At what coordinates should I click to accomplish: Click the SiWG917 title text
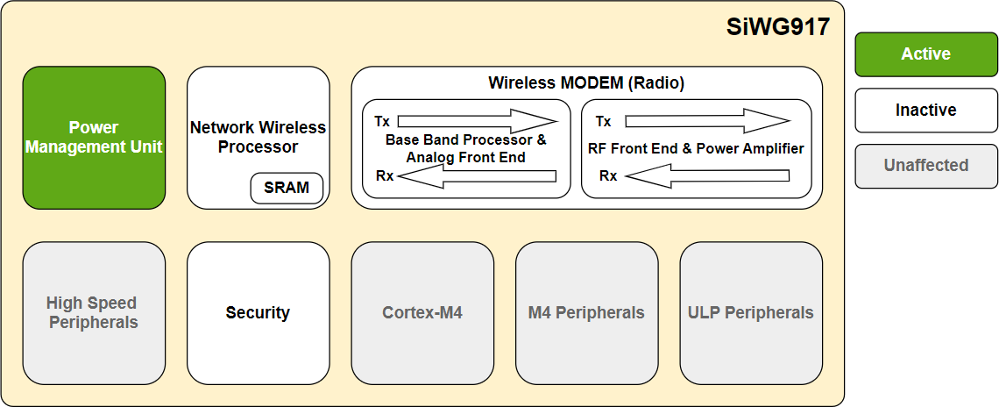pyautogui.click(x=778, y=27)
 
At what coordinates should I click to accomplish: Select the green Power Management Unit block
pyautogui.click(x=94, y=138)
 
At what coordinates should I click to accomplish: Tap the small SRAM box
pyautogui.click(x=287, y=188)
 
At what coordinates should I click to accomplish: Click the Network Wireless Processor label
pyautogui.click(x=258, y=137)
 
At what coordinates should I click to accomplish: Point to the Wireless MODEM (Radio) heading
pyautogui.click(x=586, y=83)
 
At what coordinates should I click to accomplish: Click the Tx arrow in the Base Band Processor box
pyautogui.click(x=477, y=121)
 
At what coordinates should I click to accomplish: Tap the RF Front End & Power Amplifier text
pyautogui.click(x=696, y=148)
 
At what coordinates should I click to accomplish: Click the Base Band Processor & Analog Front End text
pyautogui.click(x=465, y=148)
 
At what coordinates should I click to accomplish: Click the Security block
pyautogui.click(x=258, y=313)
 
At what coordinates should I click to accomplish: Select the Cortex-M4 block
pyautogui.click(x=422, y=313)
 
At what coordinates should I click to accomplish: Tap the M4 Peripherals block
pyautogui.click(x=586, y=313)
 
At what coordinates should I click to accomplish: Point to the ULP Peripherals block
pyautogui.click(x=751, y=313)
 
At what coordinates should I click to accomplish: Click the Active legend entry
pyautogui.click(x=926, y=54)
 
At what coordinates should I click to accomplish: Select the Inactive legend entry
pyautogui.click(x=926, y=111)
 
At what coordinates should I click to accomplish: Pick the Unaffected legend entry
pyautogui.click(x=926, y=166)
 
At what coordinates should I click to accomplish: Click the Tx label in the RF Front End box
pyautogui.click(x=603, y=121)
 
